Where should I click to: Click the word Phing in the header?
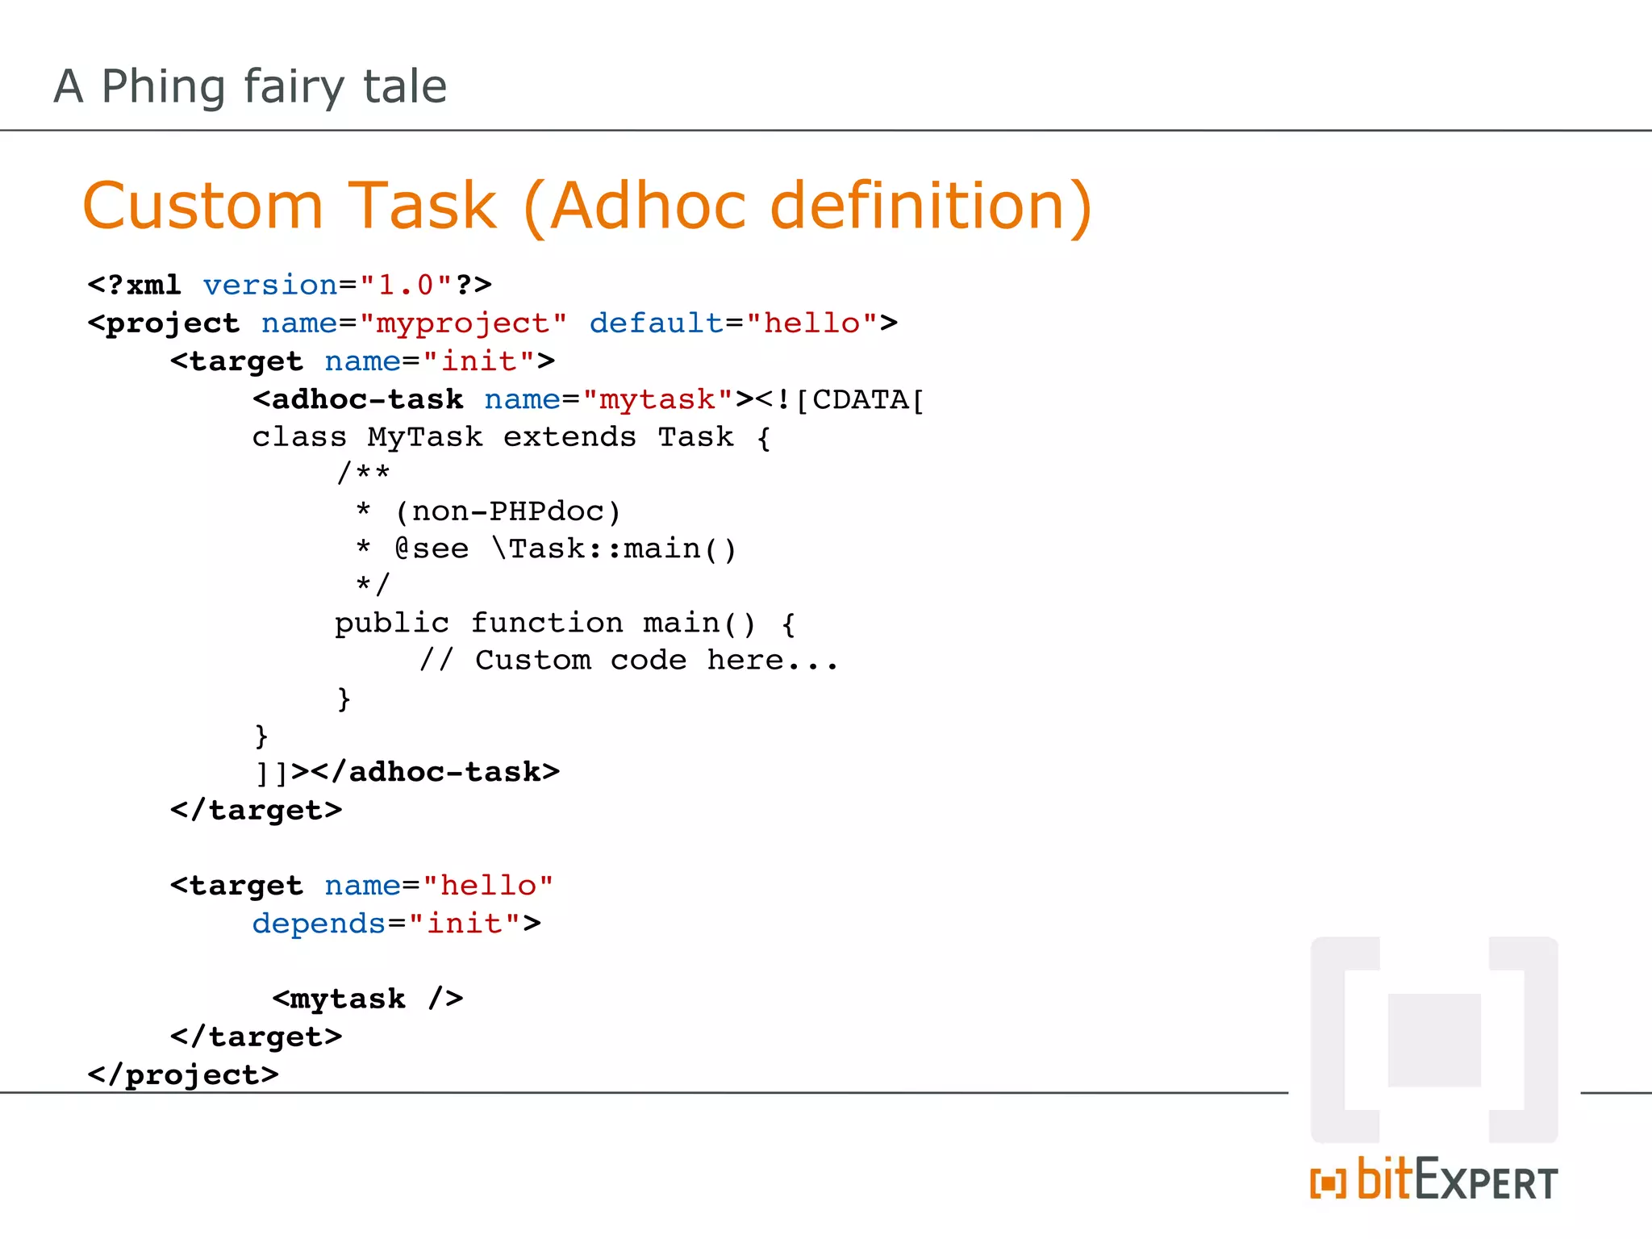coord(164,87)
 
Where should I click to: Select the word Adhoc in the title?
coord(648,206)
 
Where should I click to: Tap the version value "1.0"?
coord(406,285)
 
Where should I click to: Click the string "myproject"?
coord(463,323)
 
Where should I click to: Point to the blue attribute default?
coord(656,323)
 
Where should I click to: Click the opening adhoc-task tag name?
coord(367,399)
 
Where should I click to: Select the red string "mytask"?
coord(657,399)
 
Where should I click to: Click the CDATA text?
coord(860,399)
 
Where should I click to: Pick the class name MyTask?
coord(425,436)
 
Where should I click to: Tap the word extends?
coord(569,436)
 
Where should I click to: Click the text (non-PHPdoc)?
coord(507,511)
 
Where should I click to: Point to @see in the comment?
coord(432,549)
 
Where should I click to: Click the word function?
coord(547,623)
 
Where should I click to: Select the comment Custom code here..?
coord(629,660)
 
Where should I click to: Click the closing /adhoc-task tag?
coord(444,772)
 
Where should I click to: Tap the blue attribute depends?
coord(319,923)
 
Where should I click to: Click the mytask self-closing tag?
coord(367,999)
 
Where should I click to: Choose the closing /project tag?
coord(183,1074)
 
